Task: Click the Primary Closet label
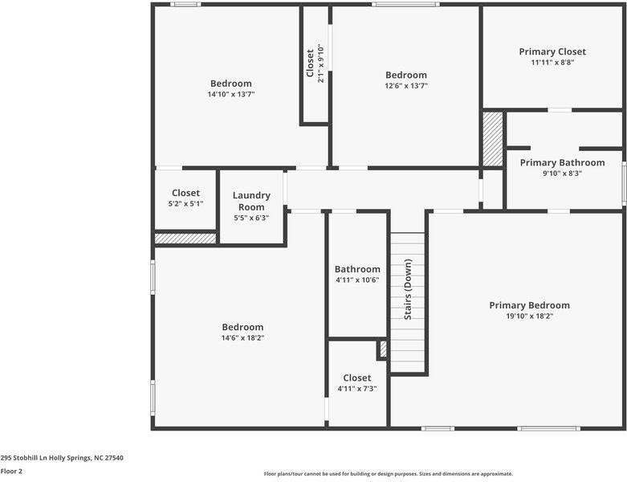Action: coord(552,51)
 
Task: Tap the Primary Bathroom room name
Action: coord(562,162)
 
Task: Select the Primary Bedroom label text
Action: coord(529,305)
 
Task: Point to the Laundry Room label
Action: coord(251,201)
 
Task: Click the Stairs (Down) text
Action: coord(408,289)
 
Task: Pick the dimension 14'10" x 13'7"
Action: coord(231,94)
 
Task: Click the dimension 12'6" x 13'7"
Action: coord(405,85)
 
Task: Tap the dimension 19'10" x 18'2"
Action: coord(529,316)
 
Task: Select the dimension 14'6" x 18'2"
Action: coord(242,337)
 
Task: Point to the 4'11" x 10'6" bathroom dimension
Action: coord(357,280)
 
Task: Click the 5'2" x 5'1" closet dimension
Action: coord(185,203)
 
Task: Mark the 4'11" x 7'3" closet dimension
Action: coord(357,388)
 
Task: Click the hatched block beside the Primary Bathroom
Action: coord(492,139)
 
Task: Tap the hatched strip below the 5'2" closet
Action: coord(185,239)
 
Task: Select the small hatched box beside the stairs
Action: coord(383,349)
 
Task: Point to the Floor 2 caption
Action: coord(11,471)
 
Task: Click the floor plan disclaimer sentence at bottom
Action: coord(389,473)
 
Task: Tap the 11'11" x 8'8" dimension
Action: coord(552,62)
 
